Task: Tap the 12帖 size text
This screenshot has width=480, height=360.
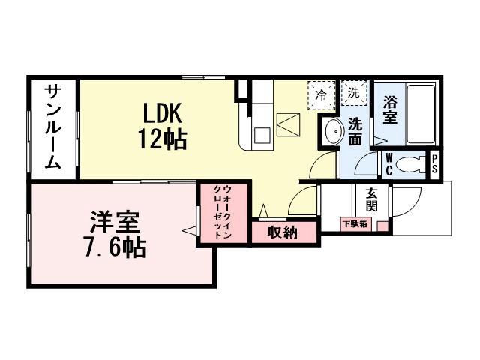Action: pos(161,139)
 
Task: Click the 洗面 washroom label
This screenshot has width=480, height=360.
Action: pos(355,132)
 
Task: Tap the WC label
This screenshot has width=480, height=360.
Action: pos(390,163)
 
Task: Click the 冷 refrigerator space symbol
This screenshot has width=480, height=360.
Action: pos(321,95)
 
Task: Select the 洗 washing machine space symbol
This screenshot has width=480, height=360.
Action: pos(352,93)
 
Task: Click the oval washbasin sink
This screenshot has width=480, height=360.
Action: pos(333,133)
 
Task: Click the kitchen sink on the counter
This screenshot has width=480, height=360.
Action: pos(262,135)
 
